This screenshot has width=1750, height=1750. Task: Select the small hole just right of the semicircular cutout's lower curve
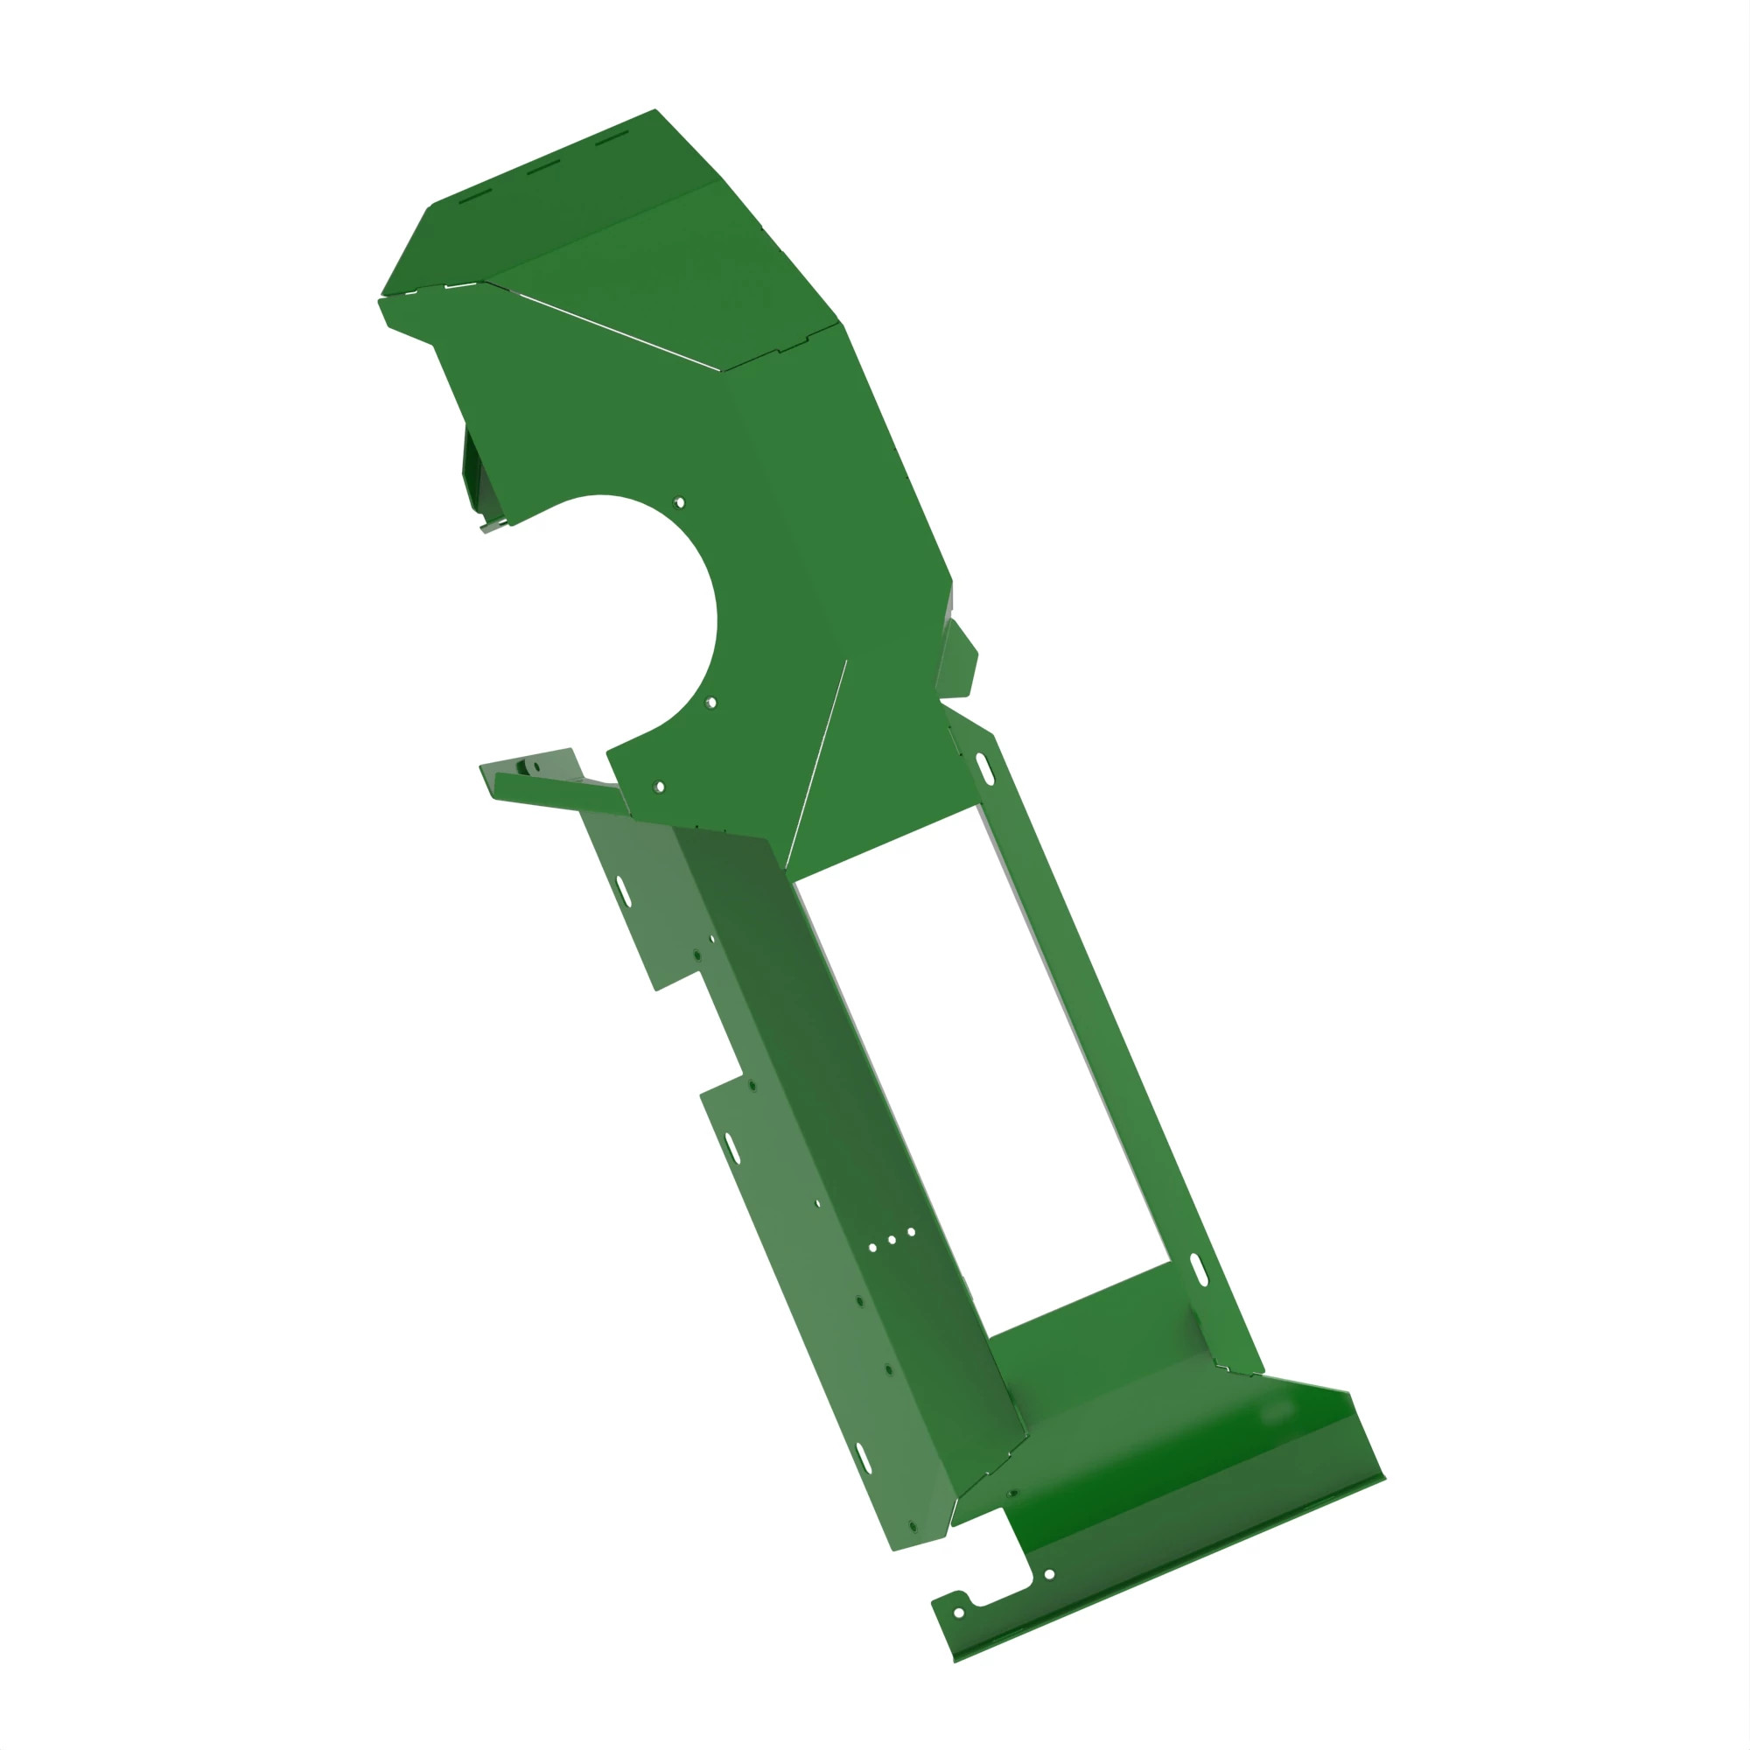click(x=711, y=703)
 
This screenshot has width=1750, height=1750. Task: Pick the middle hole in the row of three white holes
click(x=892, y=1240)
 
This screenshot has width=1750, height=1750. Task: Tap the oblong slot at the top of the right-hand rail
click(x=984, y=769)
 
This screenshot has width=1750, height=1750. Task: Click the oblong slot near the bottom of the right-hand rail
click(x=1199, y=1269)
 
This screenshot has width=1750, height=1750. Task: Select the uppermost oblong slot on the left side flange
click(x=623, y=890)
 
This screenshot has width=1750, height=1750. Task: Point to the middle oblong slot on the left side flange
click(x=731, y=1148)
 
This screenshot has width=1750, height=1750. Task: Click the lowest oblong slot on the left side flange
click(x=864, y=1459)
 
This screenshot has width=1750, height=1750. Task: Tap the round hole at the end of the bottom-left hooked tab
click(x=959, y=1613)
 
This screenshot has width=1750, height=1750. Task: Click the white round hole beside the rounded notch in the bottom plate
click(x=1049, y=1574)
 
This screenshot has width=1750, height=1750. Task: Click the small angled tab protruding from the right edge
click(x=957, y=660)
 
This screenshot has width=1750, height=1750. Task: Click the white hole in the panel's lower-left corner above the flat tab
click(x=660, y=787)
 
